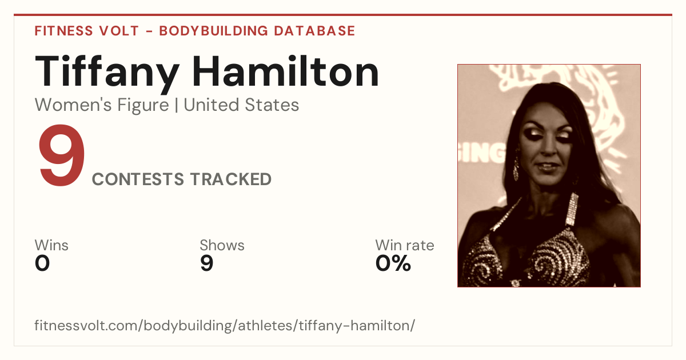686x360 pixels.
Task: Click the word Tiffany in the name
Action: tap(107, 74)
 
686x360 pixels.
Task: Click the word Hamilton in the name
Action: tap(285, 71)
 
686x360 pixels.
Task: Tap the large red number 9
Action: tap(61, 155)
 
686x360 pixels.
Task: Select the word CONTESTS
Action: tap(138, 179)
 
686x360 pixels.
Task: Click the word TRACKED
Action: tap(231, 179)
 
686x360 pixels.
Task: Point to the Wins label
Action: tap(51, 245)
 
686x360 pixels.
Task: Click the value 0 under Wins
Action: tap(42, 263)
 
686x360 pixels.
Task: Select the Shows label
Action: tap(222, 245)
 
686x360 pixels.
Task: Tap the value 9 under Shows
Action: tap(207, 263)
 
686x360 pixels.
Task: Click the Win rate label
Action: tap(405, 245)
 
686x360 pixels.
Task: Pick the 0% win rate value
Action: tap(393, 263)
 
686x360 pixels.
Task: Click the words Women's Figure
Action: tap(102, 105)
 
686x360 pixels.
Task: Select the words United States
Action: tap(241, 105)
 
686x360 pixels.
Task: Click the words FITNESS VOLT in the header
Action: tap(87, 31)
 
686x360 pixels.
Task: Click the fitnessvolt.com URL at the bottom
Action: tap(225, 325)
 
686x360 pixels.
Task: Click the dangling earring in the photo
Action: tap(516, 165)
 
